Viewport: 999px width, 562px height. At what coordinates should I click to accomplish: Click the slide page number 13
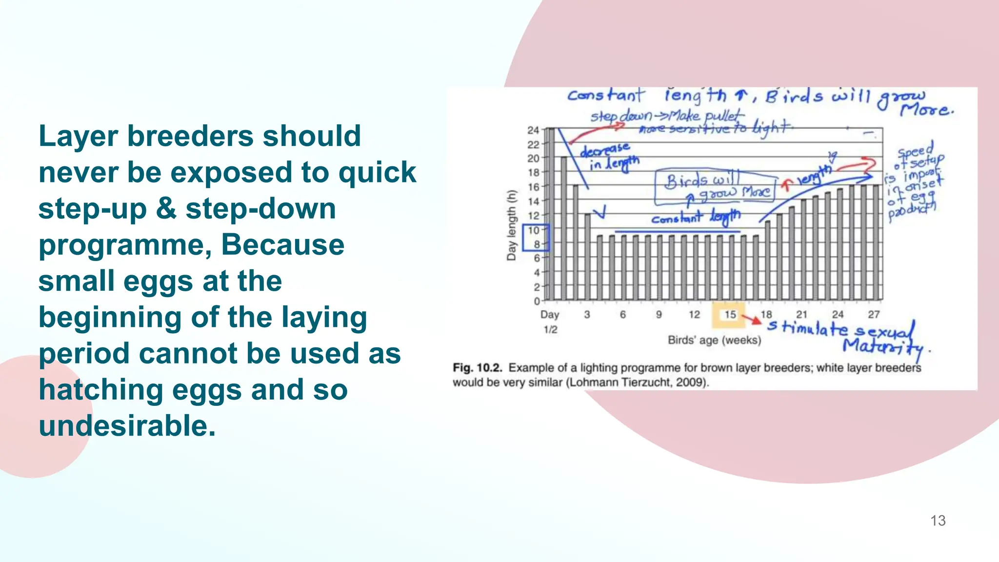(938, 521)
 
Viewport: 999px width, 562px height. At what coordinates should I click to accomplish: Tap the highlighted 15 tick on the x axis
(730, 315)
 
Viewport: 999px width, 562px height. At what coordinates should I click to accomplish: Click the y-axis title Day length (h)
(511, 225)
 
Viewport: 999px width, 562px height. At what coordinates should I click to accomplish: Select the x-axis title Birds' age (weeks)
(714, 340)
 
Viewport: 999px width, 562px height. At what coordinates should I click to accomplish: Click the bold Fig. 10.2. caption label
(477, 368)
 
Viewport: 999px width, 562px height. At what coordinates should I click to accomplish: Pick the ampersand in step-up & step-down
(166, 208)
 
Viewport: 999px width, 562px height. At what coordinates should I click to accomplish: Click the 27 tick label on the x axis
(874, 315)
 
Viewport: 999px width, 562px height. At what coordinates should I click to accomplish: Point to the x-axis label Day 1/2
(550, 322)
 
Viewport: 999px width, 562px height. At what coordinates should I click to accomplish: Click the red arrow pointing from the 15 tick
(752, 319)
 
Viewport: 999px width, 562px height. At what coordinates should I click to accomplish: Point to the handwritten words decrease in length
(609, 156)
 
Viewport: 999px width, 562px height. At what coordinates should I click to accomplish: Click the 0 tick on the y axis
(536, 301)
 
